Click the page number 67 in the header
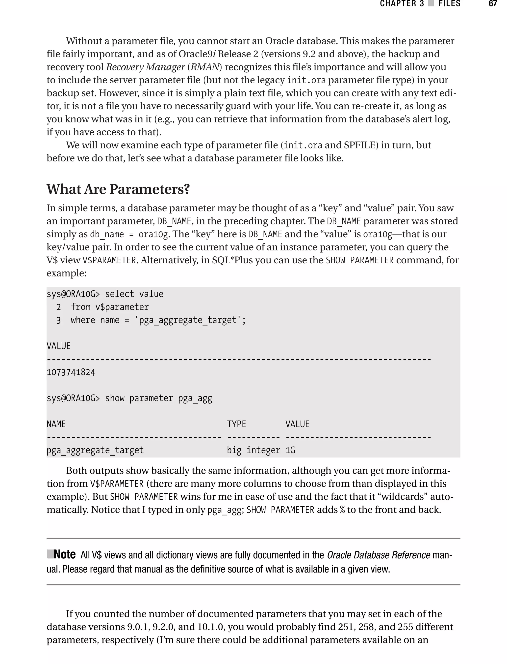click(x=492, y=4)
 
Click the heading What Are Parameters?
click(x=118, y=189)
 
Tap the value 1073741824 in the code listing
click(x=71, y=372)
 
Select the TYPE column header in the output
click(x=236, y=424)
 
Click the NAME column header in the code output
click(x=56, y=424)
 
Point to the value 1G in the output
click(x=290, y=450)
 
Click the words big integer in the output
click(x=253, y=450)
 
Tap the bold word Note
click(x=65, y=555)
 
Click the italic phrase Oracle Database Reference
click(x=379, y=555)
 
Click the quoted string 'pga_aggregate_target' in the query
click(x=189, y=320)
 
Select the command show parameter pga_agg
click(x=158, y=398)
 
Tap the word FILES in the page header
click(x=449, y=4)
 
